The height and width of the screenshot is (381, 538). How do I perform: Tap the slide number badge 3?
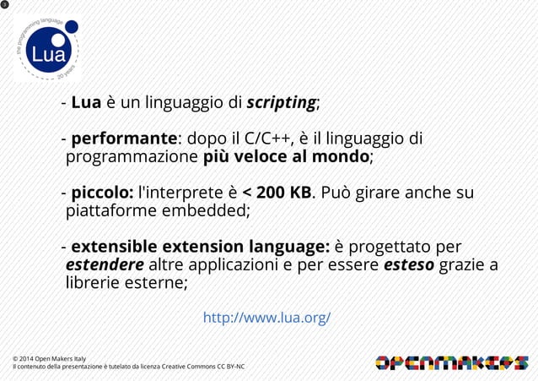point(5,6)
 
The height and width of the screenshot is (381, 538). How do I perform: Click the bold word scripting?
point(281,104)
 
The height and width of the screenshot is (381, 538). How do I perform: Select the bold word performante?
point(124,139)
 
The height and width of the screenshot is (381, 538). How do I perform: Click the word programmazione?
point(133,157)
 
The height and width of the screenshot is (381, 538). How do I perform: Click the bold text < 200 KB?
point(277,193)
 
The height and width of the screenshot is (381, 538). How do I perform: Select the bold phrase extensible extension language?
point(200,248)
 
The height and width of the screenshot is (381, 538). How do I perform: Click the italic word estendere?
point(105,266)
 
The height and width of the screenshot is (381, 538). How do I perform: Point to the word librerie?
point(94,285)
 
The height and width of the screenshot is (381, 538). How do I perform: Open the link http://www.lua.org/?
point(266,318)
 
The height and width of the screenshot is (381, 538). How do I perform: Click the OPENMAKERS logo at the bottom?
point(450,362)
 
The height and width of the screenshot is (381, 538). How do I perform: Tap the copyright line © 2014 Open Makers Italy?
point(49,359)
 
